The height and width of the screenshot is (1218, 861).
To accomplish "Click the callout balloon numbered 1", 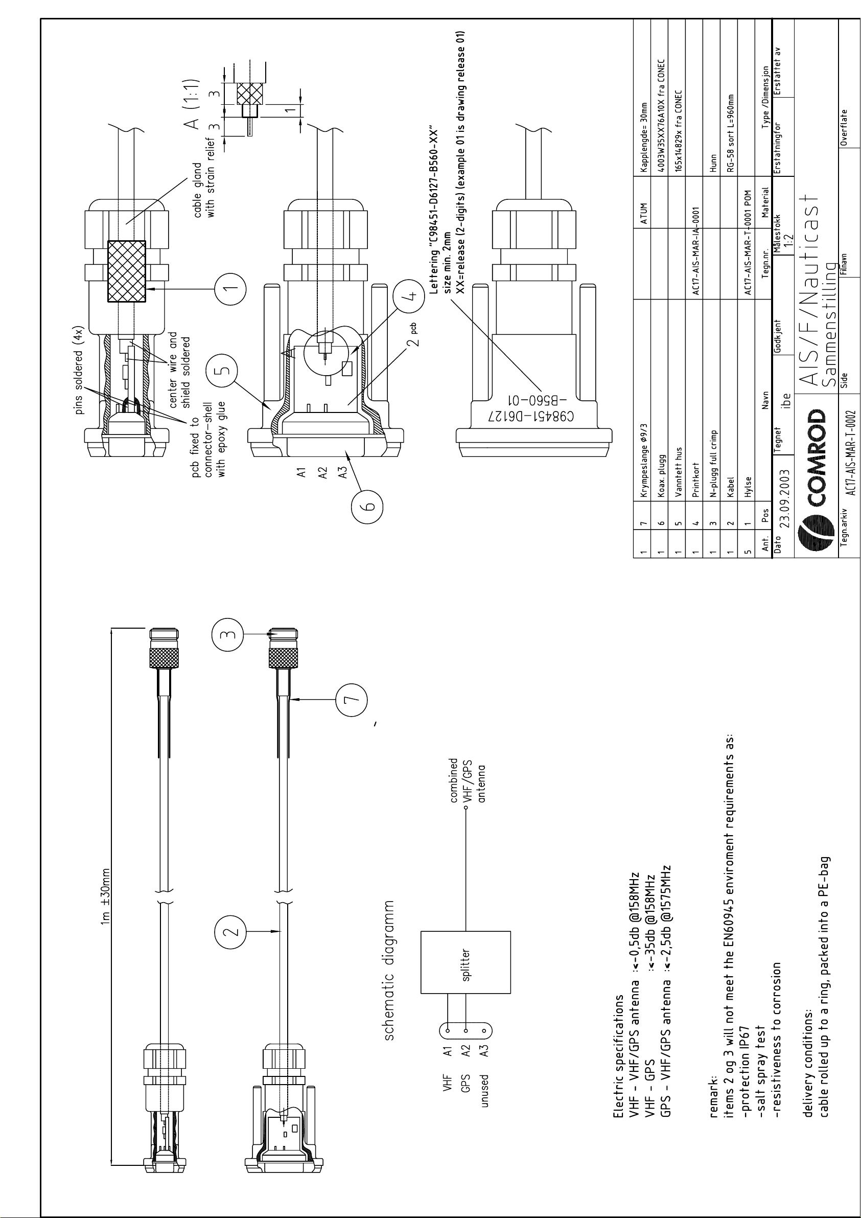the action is (x=230, y=289).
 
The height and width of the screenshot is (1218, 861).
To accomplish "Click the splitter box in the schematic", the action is (x=466, y=962).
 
